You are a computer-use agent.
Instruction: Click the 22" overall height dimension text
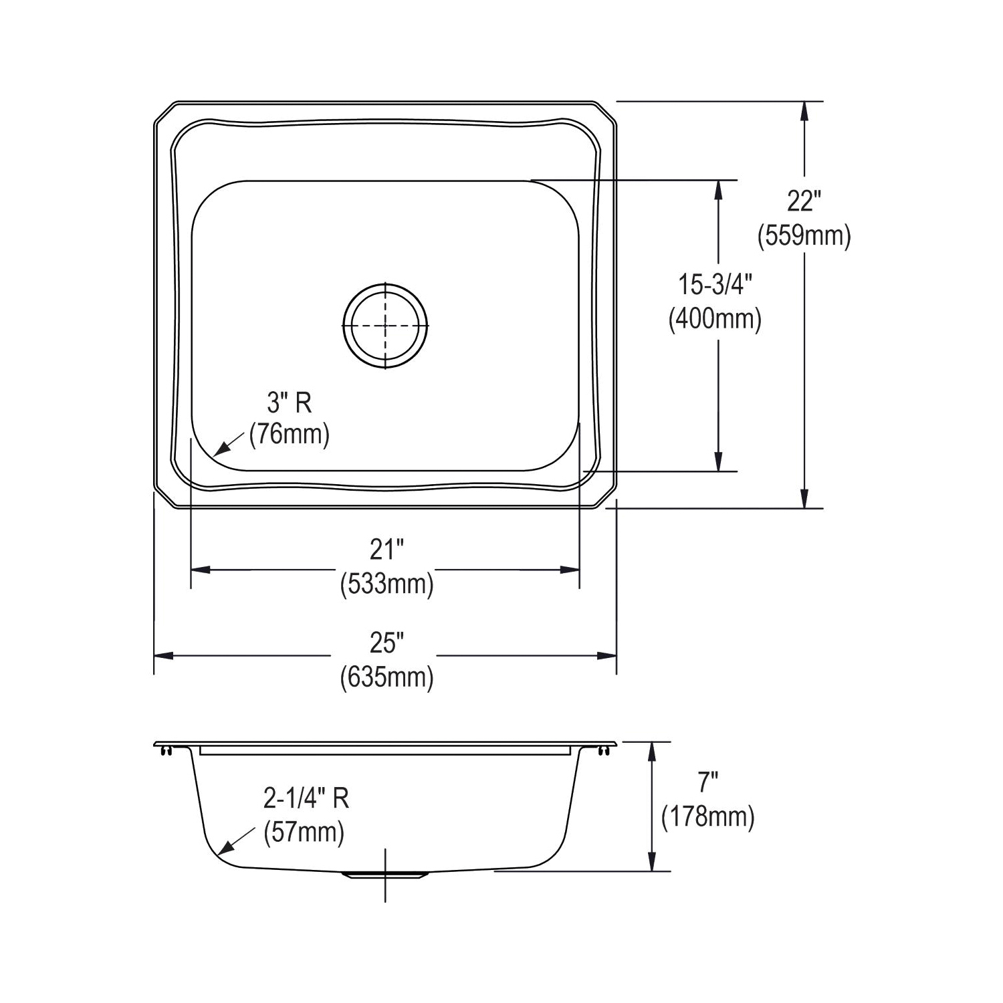tap(804, 201)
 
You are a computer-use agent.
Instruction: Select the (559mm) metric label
tap(804, 235)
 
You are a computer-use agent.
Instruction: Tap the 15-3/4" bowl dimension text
tap(715, 286)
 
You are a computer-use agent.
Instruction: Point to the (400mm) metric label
tap(715, 320)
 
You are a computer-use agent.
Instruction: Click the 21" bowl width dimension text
tap(387, 550)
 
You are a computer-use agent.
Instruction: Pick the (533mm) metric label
tap(387, 584)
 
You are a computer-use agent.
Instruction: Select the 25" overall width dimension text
tap(387, 643)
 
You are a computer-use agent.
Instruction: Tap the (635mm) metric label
tap(387, 677)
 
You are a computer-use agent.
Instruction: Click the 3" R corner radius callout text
tap(290, 403)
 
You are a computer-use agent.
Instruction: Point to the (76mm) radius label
tap(290, 435)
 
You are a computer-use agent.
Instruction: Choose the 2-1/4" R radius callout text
tap(306, 798)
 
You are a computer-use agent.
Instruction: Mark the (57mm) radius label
tap(304, 832)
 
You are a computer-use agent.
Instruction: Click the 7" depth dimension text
tap(707, 780)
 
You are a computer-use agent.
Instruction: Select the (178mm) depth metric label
tap(707, 817)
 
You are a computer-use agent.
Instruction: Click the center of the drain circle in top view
tap(385, 326)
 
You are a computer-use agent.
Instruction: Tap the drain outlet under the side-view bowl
tap(385, 875)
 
